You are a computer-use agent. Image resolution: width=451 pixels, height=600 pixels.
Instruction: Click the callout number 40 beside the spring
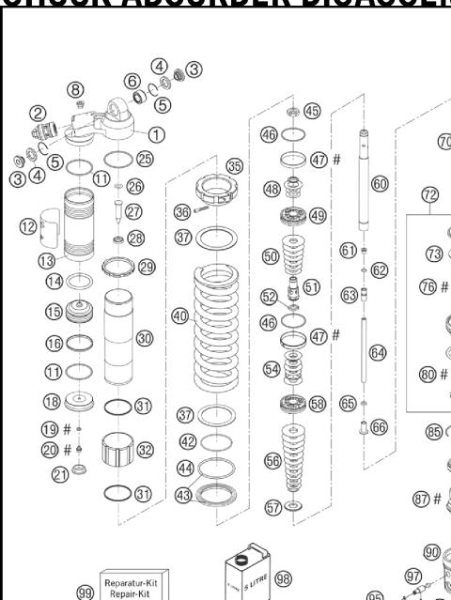(180, 316)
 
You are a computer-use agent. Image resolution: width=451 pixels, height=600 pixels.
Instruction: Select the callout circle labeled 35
(234, 165)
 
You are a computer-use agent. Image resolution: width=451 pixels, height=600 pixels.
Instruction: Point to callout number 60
(380, 184)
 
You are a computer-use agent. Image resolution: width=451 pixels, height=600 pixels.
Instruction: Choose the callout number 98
(283, 578)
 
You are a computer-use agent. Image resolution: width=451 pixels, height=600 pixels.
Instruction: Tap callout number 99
(86, 592)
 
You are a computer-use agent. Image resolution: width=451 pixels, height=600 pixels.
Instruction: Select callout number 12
(28, 225)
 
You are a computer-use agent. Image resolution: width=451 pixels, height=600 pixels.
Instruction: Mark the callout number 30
(144, 337)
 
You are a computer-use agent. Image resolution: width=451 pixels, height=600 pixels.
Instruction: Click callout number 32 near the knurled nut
(145, 450)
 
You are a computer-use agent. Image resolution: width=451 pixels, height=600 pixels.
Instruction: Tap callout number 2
(39, 114)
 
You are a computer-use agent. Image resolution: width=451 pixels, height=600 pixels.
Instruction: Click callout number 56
(272, 461)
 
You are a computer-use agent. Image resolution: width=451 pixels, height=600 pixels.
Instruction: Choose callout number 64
(378, 353)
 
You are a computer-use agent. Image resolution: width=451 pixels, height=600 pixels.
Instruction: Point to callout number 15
(28, 311)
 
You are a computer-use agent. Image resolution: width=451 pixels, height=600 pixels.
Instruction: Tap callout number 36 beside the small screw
(184, 212)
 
